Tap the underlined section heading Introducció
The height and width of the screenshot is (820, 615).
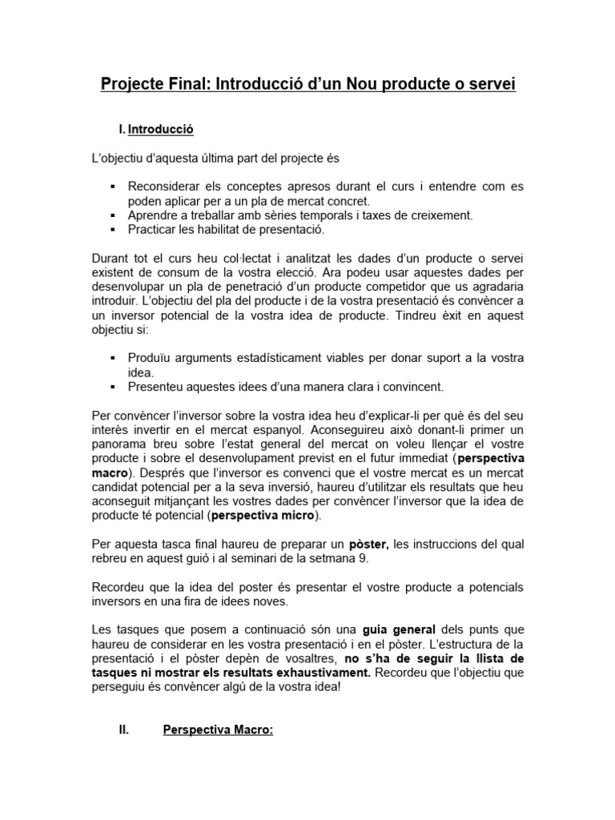(x=161, y=129)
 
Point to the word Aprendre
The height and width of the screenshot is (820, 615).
(x=153, y=215)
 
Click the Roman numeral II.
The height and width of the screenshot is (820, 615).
(x=124, y=730)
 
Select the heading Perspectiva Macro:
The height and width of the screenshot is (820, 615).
(x=218, y=730)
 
